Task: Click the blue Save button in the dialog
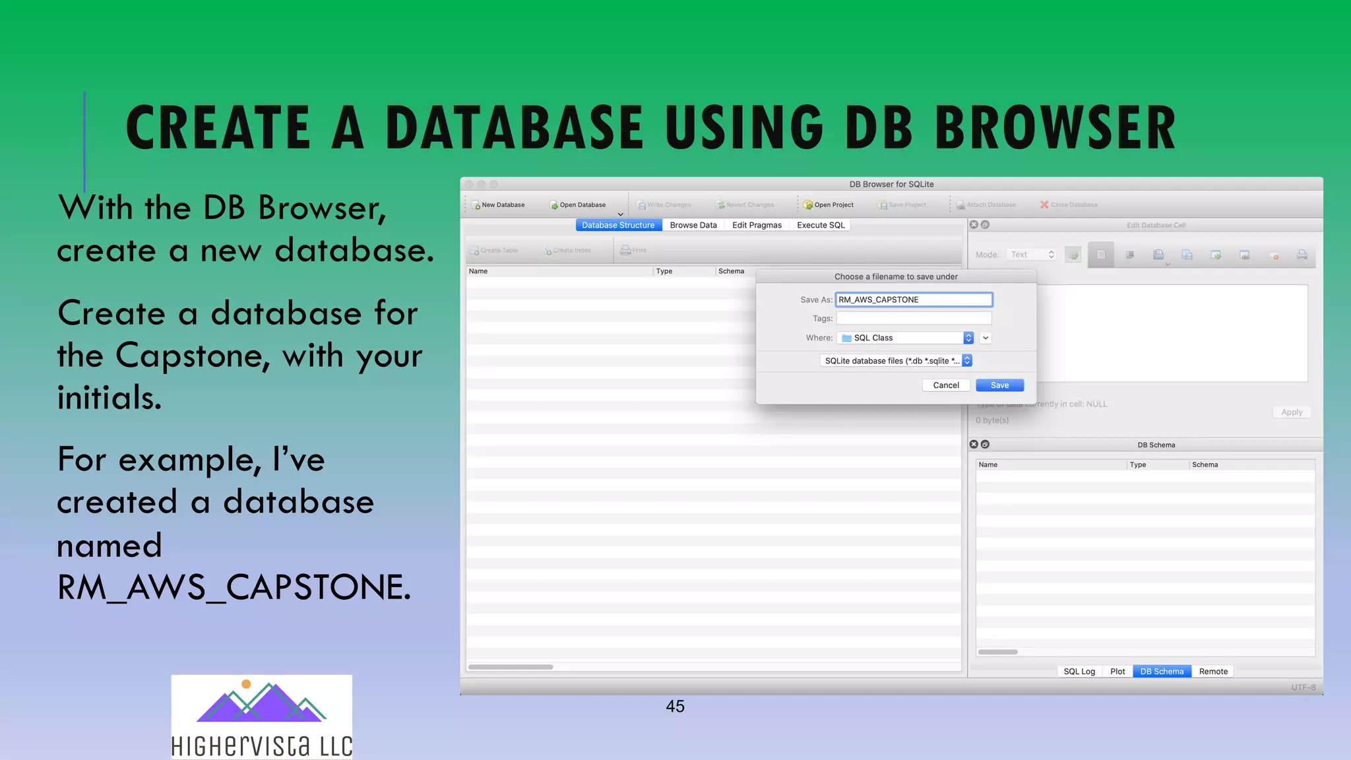[x=999, y=385]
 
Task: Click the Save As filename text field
[x=914, y=300]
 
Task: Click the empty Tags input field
[x=914, y=318]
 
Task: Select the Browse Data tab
[x=693, y=225]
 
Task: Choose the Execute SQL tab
[x=820, y=225]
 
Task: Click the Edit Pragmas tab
[x=757, y=225]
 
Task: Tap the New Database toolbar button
[x=499, y=205]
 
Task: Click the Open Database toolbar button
[x=578, y=205]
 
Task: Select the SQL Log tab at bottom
[x=1079, y=672]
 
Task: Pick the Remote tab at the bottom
[x=1213, y=672]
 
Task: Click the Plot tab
[x=1117, y=672]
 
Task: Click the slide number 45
[x=675, y=707]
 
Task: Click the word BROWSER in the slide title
[x=1055, y=127]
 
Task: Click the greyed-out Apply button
[x=1291, y=412]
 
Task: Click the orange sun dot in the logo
[x=246, y=684]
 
